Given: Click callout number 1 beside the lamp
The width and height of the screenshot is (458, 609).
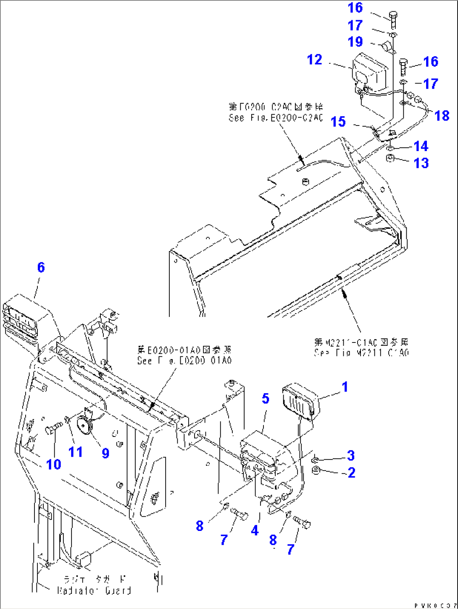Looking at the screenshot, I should tap(345, 387).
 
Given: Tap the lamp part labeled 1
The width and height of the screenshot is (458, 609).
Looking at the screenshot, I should tap(300, 402).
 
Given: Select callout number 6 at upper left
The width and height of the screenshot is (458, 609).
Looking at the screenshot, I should tap(41, 267).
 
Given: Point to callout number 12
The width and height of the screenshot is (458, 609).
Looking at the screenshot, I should tap(314, 60).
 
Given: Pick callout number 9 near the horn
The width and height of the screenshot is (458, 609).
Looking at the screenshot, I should tap(105, 452).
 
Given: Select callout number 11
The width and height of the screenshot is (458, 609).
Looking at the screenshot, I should tap(76, 452).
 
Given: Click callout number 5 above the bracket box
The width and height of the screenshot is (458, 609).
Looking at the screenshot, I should tap(265, 398).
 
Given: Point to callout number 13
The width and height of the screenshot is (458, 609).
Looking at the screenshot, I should tap(421, 163).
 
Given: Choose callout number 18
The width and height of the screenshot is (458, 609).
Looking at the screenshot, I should tap(442, 115).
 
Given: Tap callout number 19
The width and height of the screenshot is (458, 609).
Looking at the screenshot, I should tap(355, 42).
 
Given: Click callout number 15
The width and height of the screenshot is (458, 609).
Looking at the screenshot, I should tap(338, 122).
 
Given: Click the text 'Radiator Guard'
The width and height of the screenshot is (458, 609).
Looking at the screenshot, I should tap(95, 590).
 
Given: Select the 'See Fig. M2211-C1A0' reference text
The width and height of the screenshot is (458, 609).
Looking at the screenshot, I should tap(361, 353).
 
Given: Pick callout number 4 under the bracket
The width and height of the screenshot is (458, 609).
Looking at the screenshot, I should tap(255, 531).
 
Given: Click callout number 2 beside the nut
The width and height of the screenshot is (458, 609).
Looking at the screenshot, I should tap(351, 473).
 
